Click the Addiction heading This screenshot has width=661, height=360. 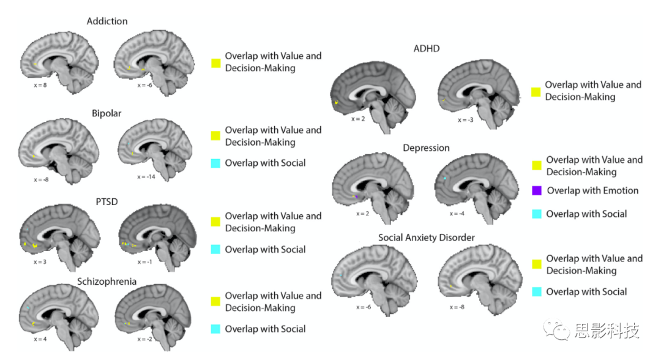click(x=107, y=21)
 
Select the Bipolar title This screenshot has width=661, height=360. click(x=106, y=114)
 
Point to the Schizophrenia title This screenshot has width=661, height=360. click(x=106, y=282)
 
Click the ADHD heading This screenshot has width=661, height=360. click(x=427, y=48)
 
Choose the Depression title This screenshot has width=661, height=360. click(x=426, y=148)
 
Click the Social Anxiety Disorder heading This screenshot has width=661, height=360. click(x=426, y=238)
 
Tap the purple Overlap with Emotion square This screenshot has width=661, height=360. click(x=537, y=191)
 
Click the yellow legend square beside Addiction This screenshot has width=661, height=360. click(x=215, y=62)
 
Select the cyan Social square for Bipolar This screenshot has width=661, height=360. click(x=215, y=163)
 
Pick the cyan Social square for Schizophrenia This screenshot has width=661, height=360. click(x=215, y=329)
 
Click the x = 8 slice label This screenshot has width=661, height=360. click(x=40, y=86)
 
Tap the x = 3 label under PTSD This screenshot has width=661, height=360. click(x=40, y=262)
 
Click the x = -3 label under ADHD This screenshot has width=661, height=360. click(x=466, y=120)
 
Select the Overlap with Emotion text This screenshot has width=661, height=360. click(x=592, y=191)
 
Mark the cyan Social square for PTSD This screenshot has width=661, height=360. click(x=215, y=250)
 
